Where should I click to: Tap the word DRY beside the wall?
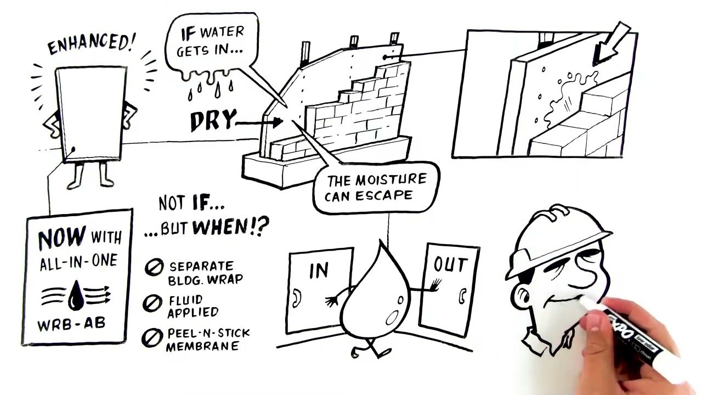(213, 120)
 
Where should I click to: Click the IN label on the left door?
(319, 270)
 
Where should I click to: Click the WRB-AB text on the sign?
(71, 324)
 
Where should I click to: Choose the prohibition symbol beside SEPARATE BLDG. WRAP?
(154, 267)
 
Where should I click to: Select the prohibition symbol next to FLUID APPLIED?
(152, 303)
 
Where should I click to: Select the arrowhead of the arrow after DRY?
(277, 122)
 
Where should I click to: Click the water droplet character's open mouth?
(392, 318)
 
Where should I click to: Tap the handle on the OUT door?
(462, 296)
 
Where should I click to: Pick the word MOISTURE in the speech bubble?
(391, 180)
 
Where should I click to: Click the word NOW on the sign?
(62, 237)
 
